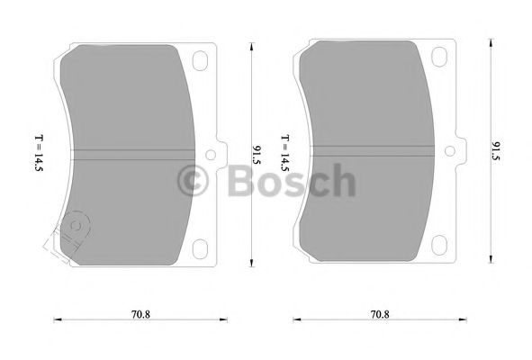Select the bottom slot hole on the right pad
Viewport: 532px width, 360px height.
441,244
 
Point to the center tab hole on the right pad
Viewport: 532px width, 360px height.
452,151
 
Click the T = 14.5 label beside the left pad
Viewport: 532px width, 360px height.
39,152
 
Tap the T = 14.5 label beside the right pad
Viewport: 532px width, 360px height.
284,154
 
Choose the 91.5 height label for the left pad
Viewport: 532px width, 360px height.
257,154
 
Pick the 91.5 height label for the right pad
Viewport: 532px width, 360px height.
496,148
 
